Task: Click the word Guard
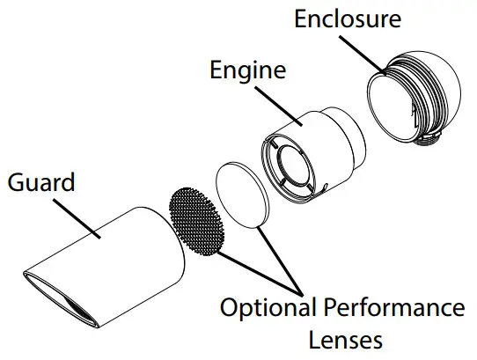point(40,183)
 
